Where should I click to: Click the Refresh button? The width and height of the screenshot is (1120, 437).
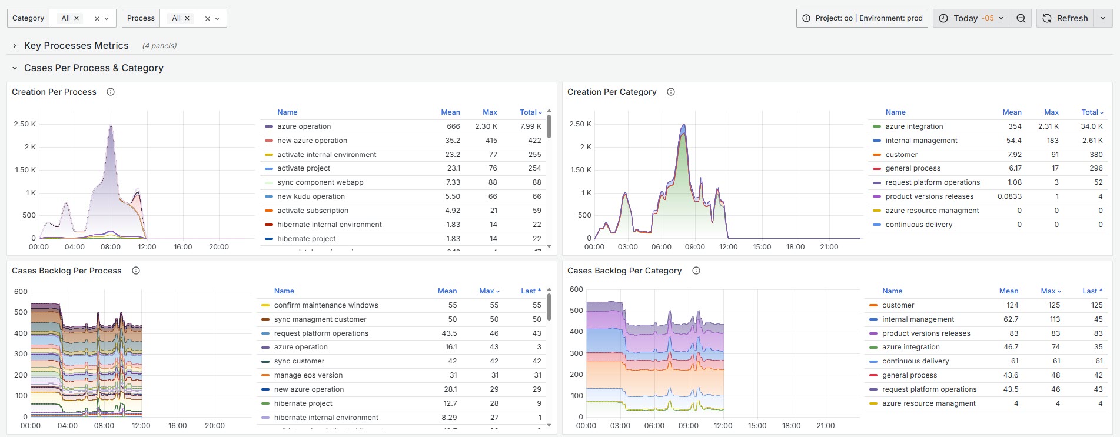(x=1065, y=18)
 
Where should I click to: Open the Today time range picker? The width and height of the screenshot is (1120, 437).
(x=972, y=18)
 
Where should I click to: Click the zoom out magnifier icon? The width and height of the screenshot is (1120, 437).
(x=1021, y=18)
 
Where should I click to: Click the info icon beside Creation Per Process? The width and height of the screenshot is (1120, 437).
(x=111, y=92)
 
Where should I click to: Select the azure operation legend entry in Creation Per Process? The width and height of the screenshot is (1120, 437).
(x=304, y=126)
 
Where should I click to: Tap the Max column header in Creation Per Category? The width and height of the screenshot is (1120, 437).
(x=1051, y=112)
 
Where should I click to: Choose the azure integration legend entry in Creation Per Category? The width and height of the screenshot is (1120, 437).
(x=913, y=126)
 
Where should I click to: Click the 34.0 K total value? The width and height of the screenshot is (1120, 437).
(x=1091, y=126)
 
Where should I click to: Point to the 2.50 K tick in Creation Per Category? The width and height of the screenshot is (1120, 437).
(x=580, y=124)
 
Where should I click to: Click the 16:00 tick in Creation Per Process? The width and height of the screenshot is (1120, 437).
(x=182, y=247)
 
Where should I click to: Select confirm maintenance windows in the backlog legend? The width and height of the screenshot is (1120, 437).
(x=325, y=305)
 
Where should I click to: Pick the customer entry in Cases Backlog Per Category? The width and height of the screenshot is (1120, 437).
(x=898, y=305)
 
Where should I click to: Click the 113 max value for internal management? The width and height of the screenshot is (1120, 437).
(x=1054, y=319)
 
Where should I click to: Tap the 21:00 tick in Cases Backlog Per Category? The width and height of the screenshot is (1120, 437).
(x=825, y=426)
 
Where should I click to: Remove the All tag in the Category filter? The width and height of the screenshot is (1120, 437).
(x=77, y=18)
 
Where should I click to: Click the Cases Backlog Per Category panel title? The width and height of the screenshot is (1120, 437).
(x=624, y=271)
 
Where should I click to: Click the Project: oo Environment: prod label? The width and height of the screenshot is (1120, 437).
(x=862, y=18)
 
